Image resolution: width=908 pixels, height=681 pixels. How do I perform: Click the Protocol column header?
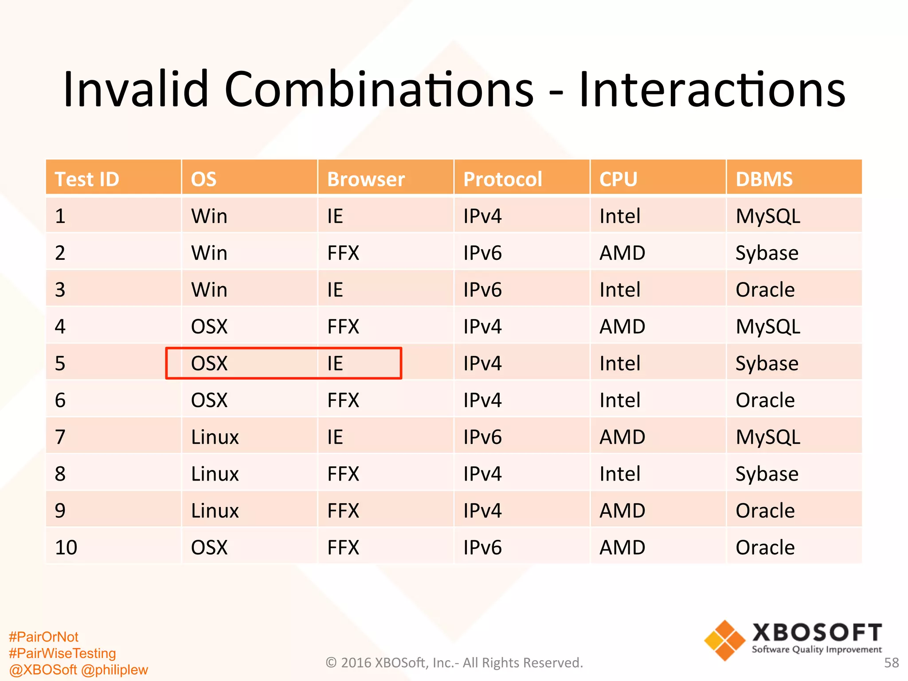click(502, 179)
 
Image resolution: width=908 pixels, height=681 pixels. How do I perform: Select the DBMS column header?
click(764, 179)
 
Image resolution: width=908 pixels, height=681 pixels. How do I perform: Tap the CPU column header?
click(618, 179)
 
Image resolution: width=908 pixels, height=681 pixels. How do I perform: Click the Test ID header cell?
click(87, 179)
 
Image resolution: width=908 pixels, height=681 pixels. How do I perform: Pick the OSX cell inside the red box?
click(209, 364)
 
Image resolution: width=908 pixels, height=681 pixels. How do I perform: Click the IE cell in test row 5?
click(335, 364)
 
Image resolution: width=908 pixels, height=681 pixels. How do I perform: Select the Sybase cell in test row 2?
click(767, 253)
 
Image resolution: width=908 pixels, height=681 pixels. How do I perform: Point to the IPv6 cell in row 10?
click(482, 548)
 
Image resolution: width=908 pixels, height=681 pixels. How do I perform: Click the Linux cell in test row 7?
click(215, 437)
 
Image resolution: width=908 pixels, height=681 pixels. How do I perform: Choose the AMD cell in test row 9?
click(622, 511)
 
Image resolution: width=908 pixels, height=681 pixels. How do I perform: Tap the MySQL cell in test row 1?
click(768, 216)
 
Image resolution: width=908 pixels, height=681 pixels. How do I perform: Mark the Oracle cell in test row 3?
click(765, 290)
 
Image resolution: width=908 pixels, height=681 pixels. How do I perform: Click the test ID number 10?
click(66, 548)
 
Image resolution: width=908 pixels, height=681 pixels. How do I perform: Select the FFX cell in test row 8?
click(343, 474)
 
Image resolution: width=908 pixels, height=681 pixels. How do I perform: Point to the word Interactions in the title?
click(712, 90)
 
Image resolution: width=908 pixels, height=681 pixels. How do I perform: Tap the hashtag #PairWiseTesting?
click(63, 653)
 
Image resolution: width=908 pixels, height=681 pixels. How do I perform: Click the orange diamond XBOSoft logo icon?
click(724, 641)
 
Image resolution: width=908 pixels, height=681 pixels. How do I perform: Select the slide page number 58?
click(891, 663)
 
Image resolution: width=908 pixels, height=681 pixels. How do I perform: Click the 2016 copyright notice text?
click(454, 663)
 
